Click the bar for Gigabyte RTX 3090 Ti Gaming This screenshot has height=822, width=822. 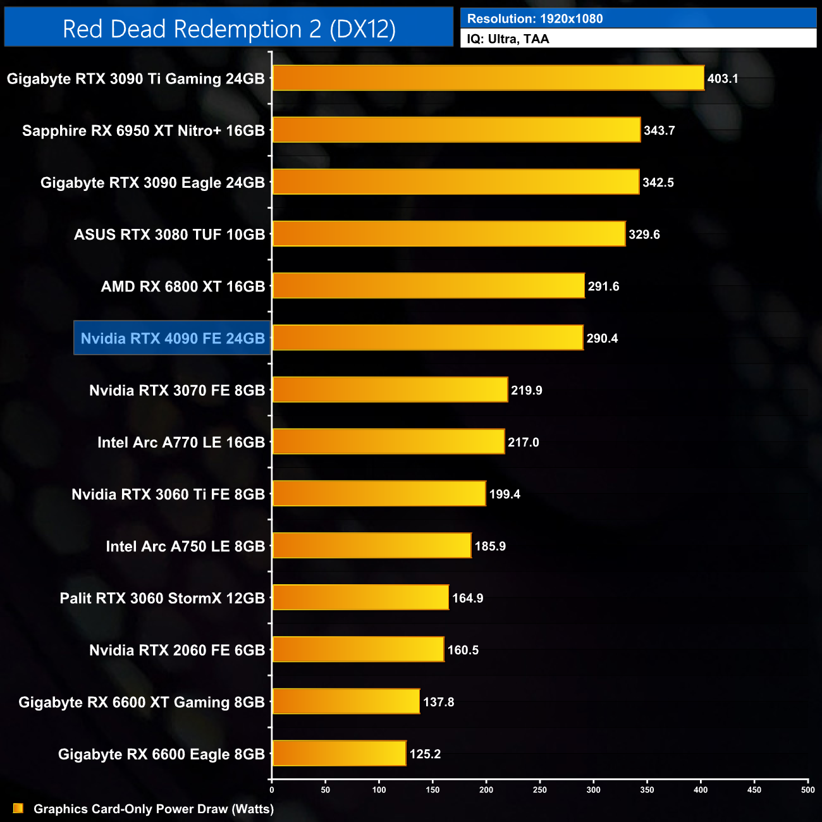click(x=488, y=78)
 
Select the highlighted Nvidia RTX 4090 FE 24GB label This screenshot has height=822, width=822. click(x=172, y=338)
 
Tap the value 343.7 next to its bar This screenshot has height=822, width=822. click(x=659, y=131)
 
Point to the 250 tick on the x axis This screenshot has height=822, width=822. click(x=540, y=789)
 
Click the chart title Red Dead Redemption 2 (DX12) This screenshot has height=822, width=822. click(x=229, y=28)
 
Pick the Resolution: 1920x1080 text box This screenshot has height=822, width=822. click(x=638, y=18)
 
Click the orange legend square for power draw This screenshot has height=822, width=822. click(x=18, y=809)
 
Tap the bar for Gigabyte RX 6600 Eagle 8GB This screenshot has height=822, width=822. click(x=339, y=754)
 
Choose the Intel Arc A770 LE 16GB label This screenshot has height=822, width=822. click(x=181, y=443)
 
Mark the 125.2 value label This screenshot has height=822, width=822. click(x=425, y=754)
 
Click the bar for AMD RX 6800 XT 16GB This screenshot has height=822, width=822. click(x=428, y=286)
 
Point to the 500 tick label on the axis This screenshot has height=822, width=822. click(x=808, y=789)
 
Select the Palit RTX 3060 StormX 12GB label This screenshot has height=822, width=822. click(x=162, y=598)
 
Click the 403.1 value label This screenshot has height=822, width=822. click(x=723, y=79)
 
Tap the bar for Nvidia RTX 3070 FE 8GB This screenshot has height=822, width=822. click(x=390, y=390)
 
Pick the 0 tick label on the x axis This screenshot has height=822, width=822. click(x=272, y=789)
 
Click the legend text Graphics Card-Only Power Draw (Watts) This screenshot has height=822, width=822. click(x=154, y=809)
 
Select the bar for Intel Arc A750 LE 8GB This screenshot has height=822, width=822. click(x=372, y=546)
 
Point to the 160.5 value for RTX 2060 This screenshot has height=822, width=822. click(x=463, y=650)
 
